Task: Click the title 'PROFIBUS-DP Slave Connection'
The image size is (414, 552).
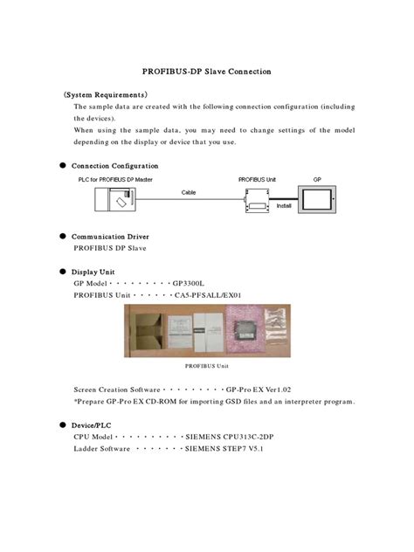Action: (x=206, y=71)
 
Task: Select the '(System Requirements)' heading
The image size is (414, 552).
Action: (x=105, y=93)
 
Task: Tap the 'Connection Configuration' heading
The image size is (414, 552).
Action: (x=114, y=165)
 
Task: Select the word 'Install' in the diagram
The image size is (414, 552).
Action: (x=284, y=207)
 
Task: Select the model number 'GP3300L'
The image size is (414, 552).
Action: (x=188, y=284)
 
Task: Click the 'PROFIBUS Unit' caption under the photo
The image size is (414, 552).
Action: (x=207, y=366)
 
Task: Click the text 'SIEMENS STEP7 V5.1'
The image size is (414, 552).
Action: (x=224, y=448)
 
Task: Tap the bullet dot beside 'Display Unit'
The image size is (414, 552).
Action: (x=63, y=272)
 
